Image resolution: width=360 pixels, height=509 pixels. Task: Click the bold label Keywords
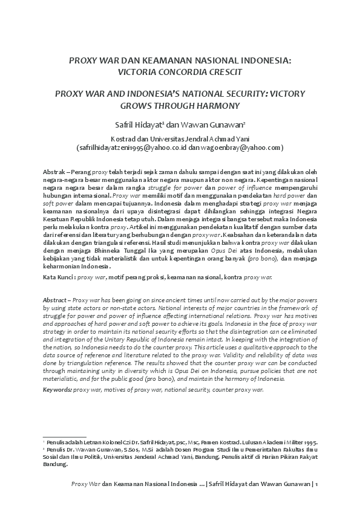[57, 390]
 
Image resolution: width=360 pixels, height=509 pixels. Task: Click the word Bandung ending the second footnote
[56, 464]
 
